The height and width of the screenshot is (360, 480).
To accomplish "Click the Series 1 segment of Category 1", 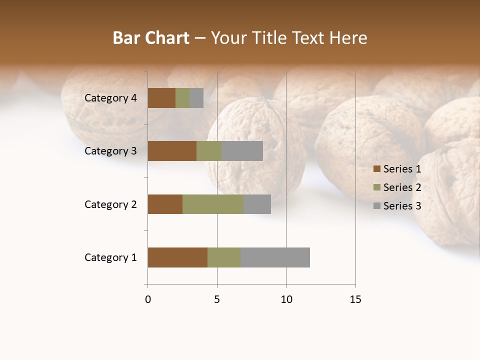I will pos(177,257).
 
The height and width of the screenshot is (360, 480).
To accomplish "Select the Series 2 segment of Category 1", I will pos(224,257).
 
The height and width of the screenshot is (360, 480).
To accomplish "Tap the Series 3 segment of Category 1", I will pos(275,257).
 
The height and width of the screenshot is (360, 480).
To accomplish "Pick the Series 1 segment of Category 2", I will pos(165,204).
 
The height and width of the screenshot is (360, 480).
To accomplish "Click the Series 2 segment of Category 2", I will pos(213,204).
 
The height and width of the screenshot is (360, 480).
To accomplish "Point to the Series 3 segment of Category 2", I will pos(257,204).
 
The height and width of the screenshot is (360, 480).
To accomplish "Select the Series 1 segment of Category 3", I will pos(172,151).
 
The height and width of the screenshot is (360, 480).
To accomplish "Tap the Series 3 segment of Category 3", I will pos(242,151).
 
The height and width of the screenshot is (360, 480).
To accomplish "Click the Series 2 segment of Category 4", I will pos(182,98).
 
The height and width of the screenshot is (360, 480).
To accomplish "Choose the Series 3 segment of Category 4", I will pos(196,98).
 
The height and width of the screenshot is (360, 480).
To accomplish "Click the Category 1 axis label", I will pos(110,257).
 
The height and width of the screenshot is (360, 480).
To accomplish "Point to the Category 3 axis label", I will pos(110,151).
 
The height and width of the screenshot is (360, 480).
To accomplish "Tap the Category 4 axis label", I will pos(110,98).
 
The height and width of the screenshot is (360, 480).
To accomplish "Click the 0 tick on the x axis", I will pos(148,299).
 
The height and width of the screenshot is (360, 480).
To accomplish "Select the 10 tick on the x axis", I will pos(286,299).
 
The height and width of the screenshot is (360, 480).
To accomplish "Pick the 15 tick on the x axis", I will pos(355,299).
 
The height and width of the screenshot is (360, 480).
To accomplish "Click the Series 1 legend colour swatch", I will pos(376,169).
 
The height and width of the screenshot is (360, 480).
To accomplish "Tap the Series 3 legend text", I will pos(402,206).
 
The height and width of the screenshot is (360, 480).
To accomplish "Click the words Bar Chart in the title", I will pos(151,38).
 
